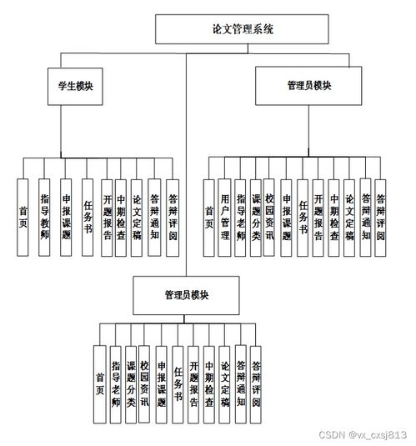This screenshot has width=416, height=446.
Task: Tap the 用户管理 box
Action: pos(225,218)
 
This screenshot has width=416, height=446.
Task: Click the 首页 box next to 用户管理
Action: pos(208,218)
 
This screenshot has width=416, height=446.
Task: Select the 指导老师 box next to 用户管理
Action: pos(241,218)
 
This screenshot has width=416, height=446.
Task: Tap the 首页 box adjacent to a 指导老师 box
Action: pos(100,383)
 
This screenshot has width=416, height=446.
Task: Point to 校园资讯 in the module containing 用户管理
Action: pos(270,218)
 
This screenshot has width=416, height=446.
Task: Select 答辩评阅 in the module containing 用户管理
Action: pos(380,218)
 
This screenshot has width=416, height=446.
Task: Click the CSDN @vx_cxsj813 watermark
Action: pos(377,434)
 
